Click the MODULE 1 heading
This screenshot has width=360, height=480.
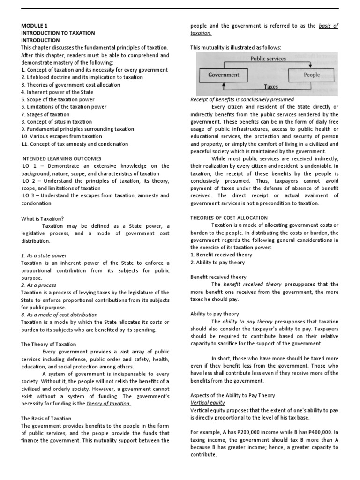[x=34, y=26]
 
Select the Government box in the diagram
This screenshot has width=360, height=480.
[x=224, y=75]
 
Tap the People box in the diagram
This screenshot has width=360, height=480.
[x=311, y=75]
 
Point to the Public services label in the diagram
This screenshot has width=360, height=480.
[x=268, y=59]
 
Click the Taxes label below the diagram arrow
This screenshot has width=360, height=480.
[x=270, y=87]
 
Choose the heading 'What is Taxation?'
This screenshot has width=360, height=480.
[x=43, y=218]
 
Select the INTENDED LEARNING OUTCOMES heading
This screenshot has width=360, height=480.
[x=61, y=158]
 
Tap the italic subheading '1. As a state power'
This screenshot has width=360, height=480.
[x=44, y=255]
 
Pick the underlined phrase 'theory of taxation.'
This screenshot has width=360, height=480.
[x=109, y=404]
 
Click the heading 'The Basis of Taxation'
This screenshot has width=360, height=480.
[x=46, y=418]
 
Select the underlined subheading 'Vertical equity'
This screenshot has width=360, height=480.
[x=208, y=403]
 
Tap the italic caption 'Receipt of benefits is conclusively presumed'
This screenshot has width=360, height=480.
[x=242, y=99]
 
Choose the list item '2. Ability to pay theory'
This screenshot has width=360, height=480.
[x=217, y=262]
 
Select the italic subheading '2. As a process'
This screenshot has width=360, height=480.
[x=39, y=285]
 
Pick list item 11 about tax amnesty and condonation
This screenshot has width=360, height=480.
[x=75, y=144]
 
